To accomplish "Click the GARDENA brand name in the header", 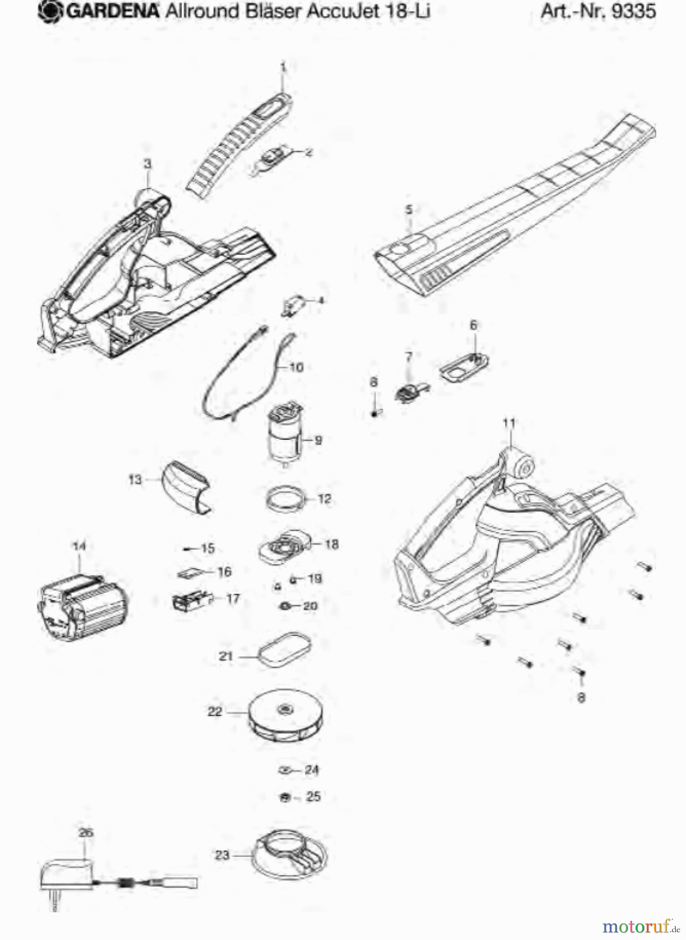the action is click(x=112, y=11).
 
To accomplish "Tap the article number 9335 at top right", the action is click(x=633, y=11).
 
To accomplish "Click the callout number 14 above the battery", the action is click(x=79, y=546).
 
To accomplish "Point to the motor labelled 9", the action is click(x=285, y=433).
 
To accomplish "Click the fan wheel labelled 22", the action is click(x=285, y=715).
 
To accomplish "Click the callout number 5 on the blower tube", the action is click(x=409, y=209).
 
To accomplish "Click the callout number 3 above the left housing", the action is click(x=148, y=163).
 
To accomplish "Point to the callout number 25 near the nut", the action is click(x=313, y=797).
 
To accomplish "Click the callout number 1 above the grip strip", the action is click(x=283, y=67).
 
